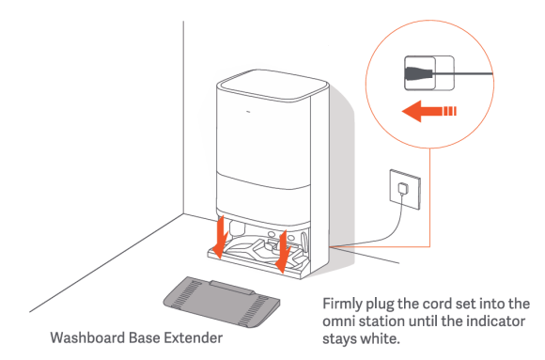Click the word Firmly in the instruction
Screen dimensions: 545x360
(342, 305)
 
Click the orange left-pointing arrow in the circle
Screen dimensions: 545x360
(428, 111)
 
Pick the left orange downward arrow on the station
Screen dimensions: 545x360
(220, 237)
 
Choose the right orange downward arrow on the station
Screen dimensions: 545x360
(283, 252)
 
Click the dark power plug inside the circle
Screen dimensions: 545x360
(419, 73)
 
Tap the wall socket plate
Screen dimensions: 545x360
(405, 189)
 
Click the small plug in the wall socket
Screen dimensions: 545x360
(403, 189)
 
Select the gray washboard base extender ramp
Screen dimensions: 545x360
(222, 302)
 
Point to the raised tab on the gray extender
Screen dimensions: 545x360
(232, 288)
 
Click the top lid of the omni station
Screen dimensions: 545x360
(272, 85)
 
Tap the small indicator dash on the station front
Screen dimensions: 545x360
(248, 112)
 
